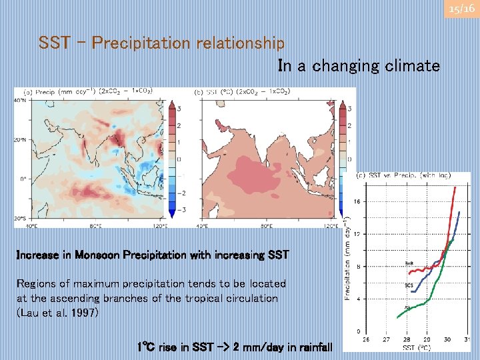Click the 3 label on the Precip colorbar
[x=179, y=109]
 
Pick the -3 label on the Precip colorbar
[x=179, y=210]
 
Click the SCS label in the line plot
[x=409, y=285]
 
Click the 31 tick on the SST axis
[x=467, y=339]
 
